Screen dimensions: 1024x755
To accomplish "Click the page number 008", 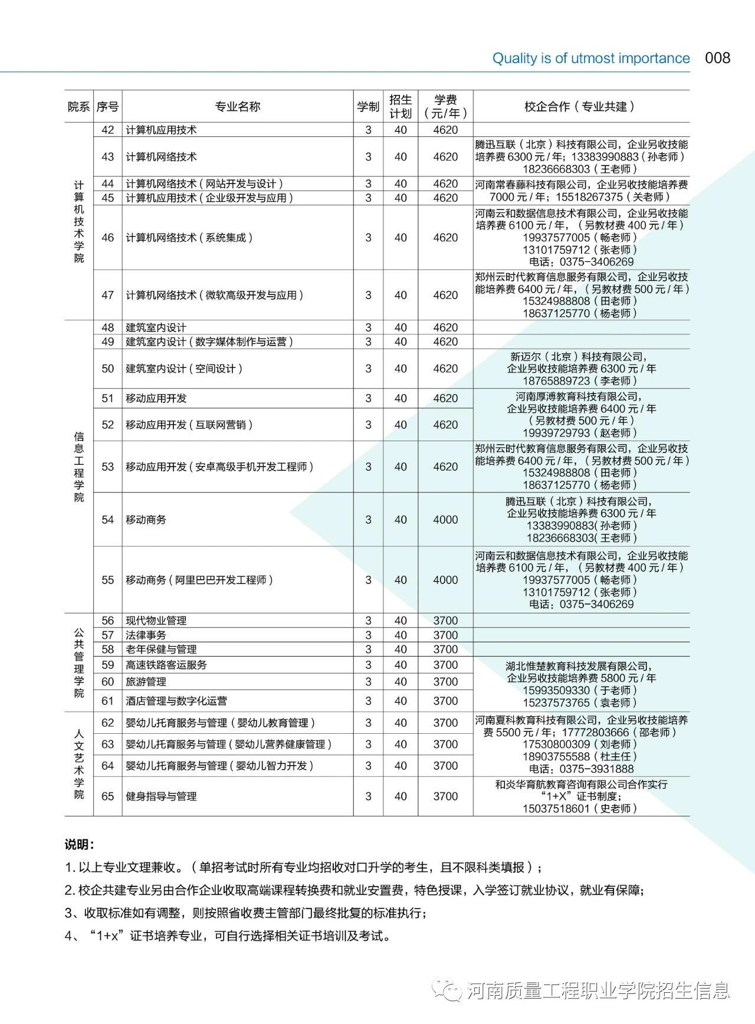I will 717,58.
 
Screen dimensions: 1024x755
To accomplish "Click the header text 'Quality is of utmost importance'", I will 591,58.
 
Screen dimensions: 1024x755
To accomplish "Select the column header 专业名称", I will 237,107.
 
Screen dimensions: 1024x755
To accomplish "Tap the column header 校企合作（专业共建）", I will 580,107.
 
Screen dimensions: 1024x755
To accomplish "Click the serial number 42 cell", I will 107,130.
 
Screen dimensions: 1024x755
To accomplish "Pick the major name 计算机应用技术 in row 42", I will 161,130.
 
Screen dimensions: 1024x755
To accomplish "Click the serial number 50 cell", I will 107,369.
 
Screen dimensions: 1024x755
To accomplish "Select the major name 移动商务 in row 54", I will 146,520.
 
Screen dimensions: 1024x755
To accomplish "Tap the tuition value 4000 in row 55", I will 445,580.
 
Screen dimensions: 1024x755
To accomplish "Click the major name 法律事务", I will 146,635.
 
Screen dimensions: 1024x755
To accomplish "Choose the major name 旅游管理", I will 146,681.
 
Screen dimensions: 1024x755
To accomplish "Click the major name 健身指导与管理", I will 161,796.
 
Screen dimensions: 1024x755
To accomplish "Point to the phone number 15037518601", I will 556,809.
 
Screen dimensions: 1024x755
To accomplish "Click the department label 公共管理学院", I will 79,662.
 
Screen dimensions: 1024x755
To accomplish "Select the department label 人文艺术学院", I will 79,764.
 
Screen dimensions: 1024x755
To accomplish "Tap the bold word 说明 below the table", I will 79,845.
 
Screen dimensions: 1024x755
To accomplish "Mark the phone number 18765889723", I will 556,381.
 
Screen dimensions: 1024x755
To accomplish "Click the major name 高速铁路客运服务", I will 166,665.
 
